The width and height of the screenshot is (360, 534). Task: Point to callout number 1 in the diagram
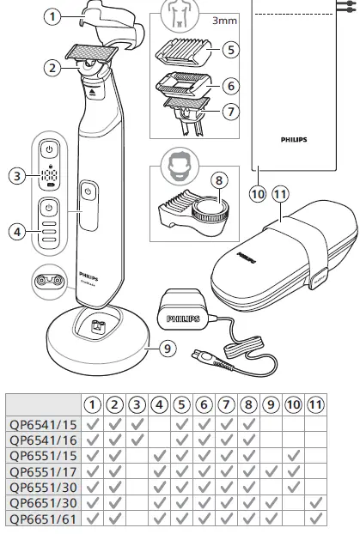pos(53,15)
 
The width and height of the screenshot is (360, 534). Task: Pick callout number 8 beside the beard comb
pos(220,181)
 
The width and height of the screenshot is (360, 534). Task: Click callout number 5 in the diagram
pos(229,50)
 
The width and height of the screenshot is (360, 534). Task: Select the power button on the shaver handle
pos(88,190)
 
